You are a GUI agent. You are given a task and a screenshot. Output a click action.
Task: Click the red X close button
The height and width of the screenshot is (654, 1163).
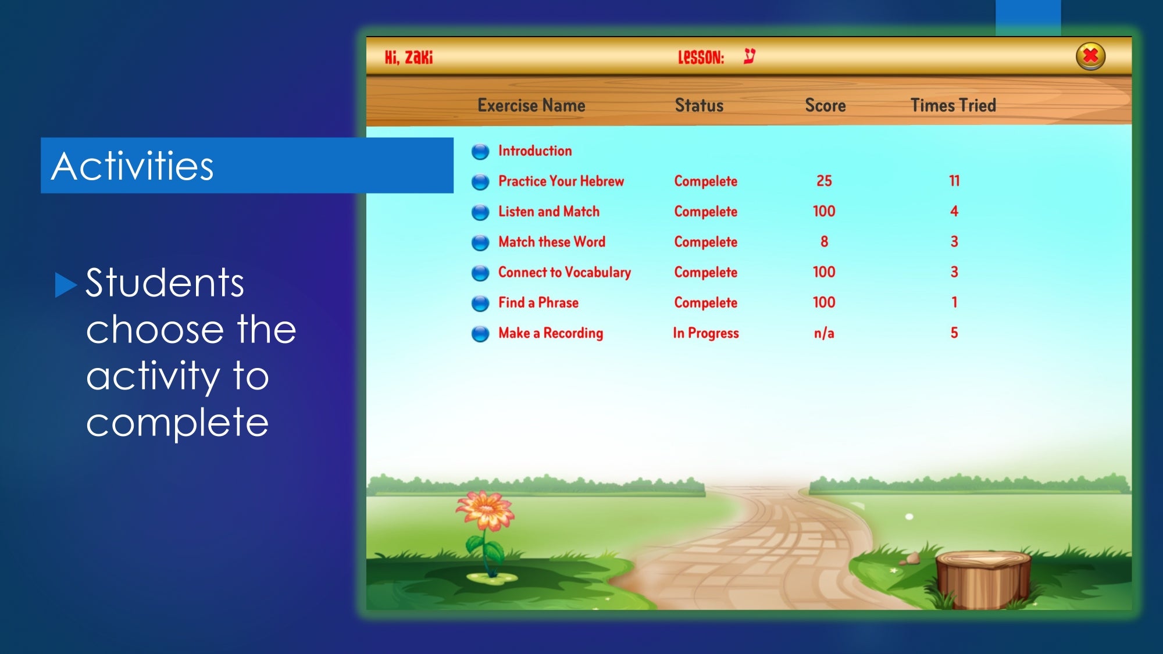[1090, 56]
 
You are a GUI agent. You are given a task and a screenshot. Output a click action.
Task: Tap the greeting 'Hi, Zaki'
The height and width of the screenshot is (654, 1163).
[409, 57]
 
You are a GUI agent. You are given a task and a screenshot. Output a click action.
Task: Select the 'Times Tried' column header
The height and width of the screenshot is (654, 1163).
[953, 105]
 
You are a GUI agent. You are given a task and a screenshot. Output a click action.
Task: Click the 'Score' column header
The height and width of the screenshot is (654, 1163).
[825, 105]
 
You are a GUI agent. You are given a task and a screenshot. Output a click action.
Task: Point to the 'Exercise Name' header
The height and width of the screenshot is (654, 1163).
[531, 105]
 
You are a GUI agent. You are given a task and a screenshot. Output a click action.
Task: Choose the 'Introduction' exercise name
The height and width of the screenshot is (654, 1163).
[535, 151]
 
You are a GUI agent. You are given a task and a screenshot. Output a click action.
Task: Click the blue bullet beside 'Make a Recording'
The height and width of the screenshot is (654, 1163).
[480, 334]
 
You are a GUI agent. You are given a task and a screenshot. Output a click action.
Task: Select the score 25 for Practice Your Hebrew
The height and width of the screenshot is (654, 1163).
[824, 181]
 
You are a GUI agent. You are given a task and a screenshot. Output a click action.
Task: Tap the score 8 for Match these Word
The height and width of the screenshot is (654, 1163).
[824, 241]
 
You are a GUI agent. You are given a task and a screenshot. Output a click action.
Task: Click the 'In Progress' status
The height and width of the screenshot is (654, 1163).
[706, 333]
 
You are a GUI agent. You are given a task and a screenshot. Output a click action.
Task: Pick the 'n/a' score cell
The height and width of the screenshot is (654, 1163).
[824, 333]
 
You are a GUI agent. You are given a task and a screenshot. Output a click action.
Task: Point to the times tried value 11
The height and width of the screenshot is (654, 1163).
[954, 181]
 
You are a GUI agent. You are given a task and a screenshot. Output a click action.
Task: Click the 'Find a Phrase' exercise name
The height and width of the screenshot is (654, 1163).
[538, 302]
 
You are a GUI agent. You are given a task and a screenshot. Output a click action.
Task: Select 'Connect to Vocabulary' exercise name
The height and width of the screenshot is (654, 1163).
[565, 272]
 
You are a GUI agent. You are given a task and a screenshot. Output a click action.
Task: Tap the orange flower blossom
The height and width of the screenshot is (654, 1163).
[485, 510]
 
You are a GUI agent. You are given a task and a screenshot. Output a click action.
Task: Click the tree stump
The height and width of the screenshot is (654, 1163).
[983, 579]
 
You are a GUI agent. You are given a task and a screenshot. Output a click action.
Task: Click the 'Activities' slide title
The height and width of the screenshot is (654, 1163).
[133, 166]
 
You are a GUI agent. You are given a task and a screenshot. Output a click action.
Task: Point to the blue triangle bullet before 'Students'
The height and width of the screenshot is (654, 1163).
[66, 285]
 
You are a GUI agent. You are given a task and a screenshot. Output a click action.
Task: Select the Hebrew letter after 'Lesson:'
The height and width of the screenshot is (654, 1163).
[750, 56]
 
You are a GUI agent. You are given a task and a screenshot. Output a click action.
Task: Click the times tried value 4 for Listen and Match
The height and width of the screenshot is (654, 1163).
[954, 211]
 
